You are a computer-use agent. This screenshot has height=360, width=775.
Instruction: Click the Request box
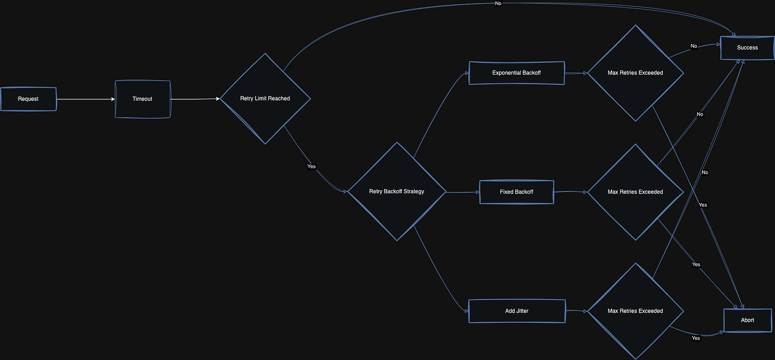coord(28,99)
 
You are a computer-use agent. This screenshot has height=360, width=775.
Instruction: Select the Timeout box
coord(143,99)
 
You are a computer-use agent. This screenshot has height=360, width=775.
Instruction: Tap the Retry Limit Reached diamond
coord(266,99)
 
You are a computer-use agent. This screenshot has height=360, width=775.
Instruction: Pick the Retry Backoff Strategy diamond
coord(397,191)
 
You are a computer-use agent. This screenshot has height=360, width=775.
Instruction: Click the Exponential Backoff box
coord(516,73)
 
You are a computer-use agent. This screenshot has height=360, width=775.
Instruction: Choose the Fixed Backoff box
coord(516,192)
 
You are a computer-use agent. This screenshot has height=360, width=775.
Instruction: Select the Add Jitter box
coord(517,311)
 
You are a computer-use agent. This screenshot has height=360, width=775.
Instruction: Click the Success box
coord(747,48)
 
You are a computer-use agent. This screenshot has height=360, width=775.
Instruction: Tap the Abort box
coord(747,320)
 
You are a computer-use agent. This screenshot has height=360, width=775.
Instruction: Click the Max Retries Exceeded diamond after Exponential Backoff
coord(636,73)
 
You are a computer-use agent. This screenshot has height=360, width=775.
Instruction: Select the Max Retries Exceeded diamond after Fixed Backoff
coord(636,192)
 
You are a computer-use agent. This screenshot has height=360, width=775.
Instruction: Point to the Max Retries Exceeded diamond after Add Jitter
coord(636,311)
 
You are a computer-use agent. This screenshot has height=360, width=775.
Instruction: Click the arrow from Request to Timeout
coord(86,100)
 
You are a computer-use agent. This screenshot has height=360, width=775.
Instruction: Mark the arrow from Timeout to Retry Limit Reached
coord(195,99)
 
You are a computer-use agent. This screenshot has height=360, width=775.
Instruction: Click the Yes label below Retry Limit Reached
coord(311,167)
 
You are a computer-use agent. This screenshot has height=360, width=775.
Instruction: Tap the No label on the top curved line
coord(498,3)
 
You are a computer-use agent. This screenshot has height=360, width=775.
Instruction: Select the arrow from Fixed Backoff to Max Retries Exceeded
coord(571,191)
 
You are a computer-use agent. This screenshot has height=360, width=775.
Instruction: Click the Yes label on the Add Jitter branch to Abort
coord(696,338)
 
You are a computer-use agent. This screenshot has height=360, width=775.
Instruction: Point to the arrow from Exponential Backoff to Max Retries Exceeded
coord(576,73)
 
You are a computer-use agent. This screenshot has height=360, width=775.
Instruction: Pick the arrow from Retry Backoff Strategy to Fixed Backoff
coord(463,192)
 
